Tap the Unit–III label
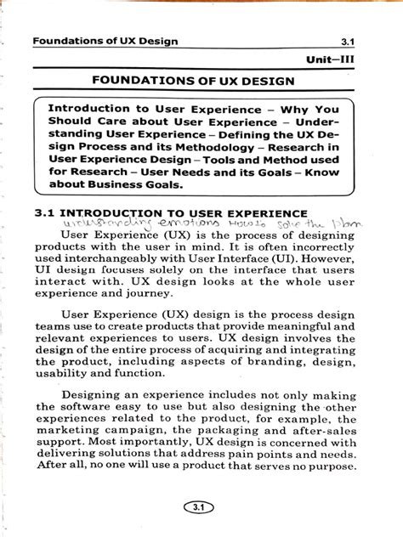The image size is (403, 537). point(350,61)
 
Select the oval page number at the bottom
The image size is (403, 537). point(201,507)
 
